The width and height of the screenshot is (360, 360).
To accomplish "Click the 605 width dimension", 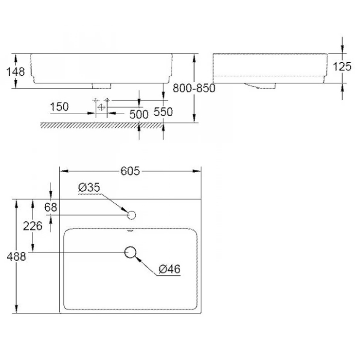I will [x=130, y=171].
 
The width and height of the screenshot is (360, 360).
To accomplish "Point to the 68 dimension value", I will [x=50, y=207].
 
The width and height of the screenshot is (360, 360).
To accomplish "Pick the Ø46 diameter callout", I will [x=170, y=269].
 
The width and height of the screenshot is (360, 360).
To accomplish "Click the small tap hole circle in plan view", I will [x=130, y=215].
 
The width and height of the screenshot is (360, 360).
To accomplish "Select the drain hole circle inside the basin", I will [x=130, y=252].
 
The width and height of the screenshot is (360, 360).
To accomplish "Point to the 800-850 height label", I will [x=194, y=88].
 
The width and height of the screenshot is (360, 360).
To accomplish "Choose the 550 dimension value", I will [x=163, y=111].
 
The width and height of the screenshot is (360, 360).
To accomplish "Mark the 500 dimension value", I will [x=139, y=115].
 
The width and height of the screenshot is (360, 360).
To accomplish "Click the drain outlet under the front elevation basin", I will [x=102, y=86].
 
